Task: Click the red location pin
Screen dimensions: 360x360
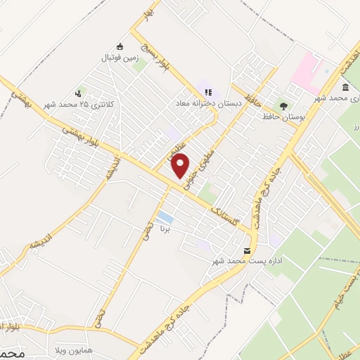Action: click(181, 165)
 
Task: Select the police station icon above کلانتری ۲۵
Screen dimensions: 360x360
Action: click(78, 93)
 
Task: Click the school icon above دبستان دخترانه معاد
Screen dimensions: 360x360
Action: click(207, 91)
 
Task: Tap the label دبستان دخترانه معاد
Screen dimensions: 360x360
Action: click(209, 103)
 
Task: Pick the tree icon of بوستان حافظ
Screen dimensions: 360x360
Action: click(283, 106)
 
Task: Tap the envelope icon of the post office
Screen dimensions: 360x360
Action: click(247, 250)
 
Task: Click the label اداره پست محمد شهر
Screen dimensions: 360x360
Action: click(247, 261)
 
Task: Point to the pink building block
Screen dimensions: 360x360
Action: click(307, 72)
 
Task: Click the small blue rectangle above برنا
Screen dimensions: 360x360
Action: click(165, 216)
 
